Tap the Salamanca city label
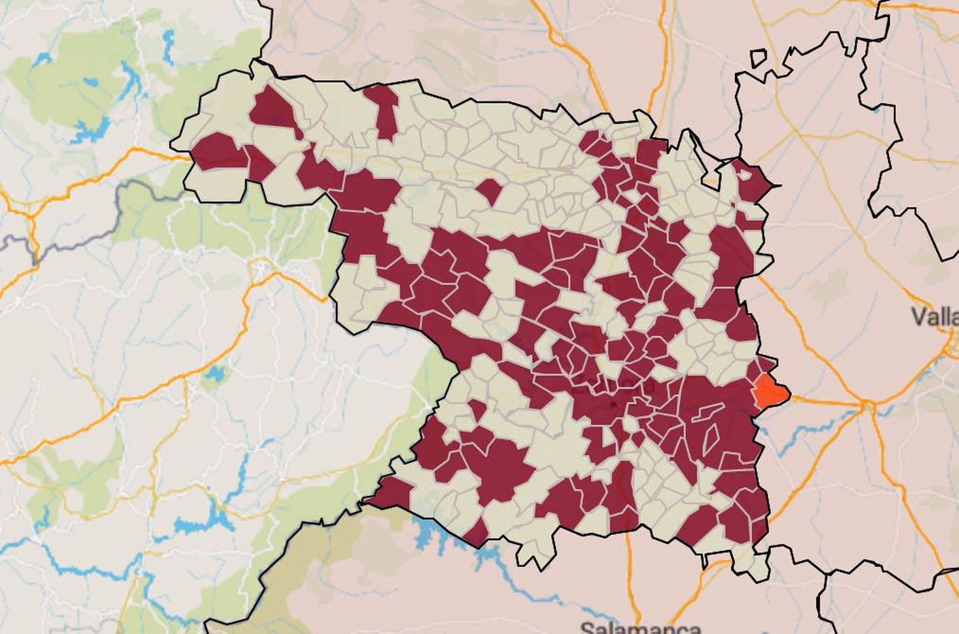coord(640,627)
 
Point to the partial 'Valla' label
coord(935,316)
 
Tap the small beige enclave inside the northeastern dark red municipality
coord(745,175)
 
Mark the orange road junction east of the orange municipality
coord(867,407)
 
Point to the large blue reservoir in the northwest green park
coord(90,130)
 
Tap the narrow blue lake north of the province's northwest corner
coord(168,46)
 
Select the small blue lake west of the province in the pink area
coord(213,374)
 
